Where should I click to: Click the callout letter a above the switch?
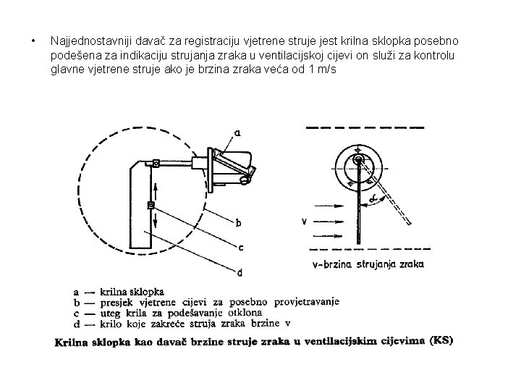[237, 133]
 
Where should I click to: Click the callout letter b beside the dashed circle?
[238, 223]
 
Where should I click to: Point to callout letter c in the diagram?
[241, 248]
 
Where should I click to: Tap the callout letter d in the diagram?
[240, 273]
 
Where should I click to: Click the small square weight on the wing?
[151, 206]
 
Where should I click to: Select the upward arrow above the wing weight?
[155, 191]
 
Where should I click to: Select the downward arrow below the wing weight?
[155, 219]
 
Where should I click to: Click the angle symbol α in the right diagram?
[373, 198]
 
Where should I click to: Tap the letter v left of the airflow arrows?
[304, 221]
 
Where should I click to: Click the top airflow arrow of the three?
[329, 206]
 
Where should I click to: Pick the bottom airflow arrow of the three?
[328, 236]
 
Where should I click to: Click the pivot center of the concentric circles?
[358, 159]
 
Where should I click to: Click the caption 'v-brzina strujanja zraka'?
[368, 264]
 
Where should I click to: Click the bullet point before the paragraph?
[33, 41]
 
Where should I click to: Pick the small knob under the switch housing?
[245, 180]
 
